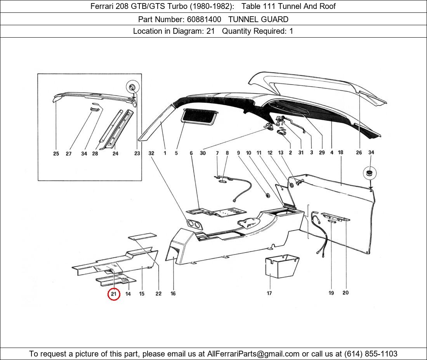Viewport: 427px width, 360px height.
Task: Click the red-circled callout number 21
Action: tap(113, 294)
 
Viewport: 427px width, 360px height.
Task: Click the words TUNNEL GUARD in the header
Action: tap(258, 19)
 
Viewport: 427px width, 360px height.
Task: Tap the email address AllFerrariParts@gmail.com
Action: tap(253, 354)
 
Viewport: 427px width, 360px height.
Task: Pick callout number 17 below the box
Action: tap(269, 293)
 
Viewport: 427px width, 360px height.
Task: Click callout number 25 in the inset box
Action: tap(56, 154)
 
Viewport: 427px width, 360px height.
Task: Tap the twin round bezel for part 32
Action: tap(194, 224)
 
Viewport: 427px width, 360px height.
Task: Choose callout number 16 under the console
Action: tap(173, 294)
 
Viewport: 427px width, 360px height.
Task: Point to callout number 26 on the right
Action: tap(359, 152)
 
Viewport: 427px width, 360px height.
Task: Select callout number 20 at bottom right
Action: tap(345, 293)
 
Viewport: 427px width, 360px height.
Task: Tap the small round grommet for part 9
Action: tap(267, 194)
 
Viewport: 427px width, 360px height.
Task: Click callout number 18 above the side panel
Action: tap(340, 152)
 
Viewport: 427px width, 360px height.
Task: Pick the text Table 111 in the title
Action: tap(258, 6)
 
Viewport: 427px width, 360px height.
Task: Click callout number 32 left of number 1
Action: tap(151, 153)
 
